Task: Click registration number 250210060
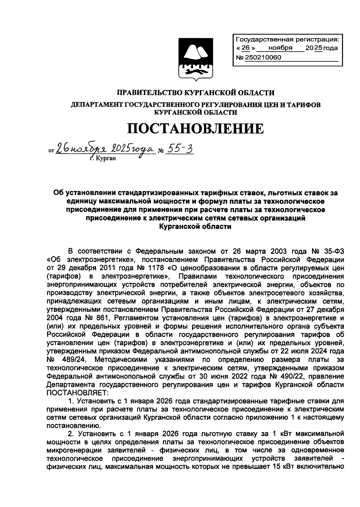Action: point(263,58)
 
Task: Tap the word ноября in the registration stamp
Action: point(280,48)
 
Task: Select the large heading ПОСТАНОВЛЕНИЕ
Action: point(195,128)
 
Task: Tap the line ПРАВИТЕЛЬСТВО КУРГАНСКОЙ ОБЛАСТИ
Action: point(195,93)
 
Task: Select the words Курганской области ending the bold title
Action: point(195,227)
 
